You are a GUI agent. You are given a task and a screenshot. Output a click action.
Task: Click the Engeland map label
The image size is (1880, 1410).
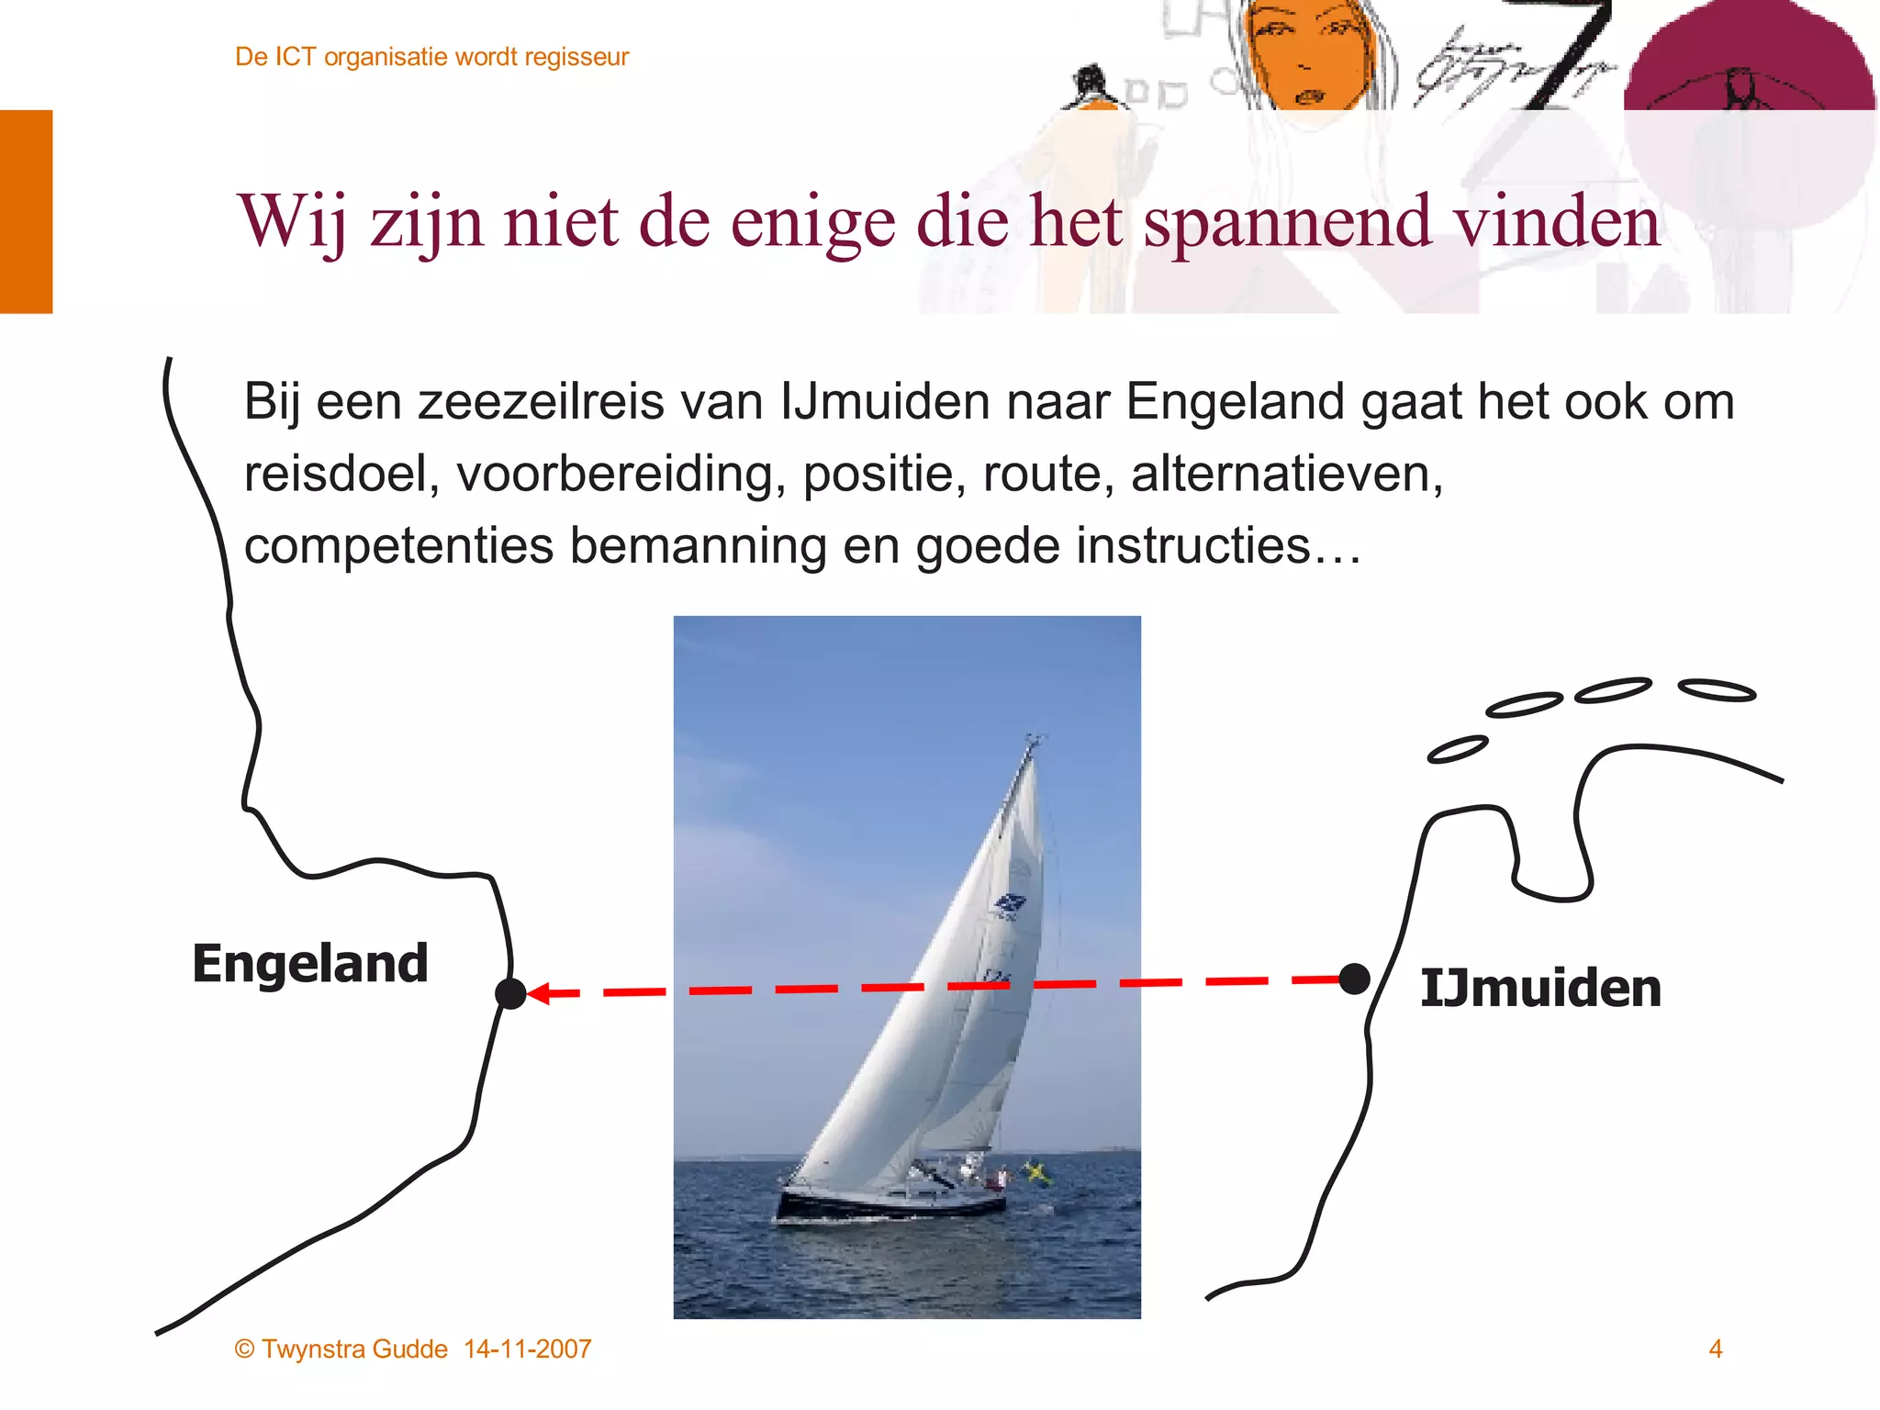(310, 964)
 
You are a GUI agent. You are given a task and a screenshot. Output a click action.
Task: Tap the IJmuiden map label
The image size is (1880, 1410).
(1540, 989)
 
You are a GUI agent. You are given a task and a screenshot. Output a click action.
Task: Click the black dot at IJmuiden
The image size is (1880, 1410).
(1354, 979)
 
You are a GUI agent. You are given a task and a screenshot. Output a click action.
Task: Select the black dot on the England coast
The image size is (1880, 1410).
(510, 993)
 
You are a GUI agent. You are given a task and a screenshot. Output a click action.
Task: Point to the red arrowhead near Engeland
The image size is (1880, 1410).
(540, 993)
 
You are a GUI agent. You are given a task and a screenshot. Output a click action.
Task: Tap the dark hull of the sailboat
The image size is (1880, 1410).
(881, 1205)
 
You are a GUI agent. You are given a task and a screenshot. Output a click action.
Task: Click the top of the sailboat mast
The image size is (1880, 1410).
(1034, 738)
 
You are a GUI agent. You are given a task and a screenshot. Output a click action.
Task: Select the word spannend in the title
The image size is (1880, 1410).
(1287, 222)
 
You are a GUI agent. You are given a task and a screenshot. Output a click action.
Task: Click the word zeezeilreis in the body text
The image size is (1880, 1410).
(541, 402)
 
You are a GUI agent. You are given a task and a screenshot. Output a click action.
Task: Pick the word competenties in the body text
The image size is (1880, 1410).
(398, 545)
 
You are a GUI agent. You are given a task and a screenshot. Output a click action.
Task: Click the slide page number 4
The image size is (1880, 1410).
(1715, 1348)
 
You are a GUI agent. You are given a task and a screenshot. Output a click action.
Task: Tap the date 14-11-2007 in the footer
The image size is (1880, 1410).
(528, 1348)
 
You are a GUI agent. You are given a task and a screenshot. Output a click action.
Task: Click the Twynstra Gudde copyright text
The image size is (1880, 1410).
(341, 1348)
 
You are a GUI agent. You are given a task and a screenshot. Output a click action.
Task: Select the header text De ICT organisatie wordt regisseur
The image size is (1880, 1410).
(431, 57)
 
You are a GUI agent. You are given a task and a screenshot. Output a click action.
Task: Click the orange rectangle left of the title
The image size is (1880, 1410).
(26, 211)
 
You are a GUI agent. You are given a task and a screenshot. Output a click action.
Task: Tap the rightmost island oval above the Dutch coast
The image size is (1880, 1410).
(1717, 690)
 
